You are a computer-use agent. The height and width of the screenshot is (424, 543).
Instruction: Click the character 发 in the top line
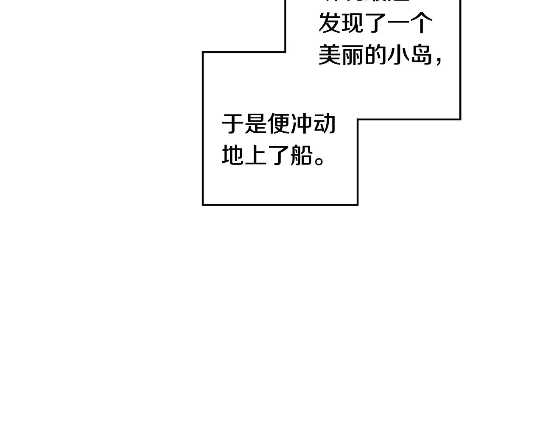pos(330,23)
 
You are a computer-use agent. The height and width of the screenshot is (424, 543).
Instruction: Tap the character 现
pos(352,23)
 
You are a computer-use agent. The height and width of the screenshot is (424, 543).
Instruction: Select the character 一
pos(398,23)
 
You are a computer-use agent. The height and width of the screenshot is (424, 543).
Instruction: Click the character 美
pos(330,55)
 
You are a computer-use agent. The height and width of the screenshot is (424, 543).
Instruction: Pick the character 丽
pos(352,55)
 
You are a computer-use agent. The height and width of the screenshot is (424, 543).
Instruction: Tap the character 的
pos(375,55)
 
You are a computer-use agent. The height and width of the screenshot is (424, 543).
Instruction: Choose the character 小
pos(398,55)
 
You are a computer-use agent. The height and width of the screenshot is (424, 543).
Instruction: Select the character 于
pos(233,124)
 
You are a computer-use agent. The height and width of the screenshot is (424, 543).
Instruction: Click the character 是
pos(256,124)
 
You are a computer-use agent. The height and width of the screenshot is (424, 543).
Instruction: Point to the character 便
pos(279,124)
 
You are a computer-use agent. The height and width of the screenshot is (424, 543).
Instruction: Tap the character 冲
pos(302,124)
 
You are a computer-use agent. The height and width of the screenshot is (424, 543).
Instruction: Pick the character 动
pos(325,124)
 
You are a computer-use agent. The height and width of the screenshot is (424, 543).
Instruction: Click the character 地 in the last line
pos(233,155)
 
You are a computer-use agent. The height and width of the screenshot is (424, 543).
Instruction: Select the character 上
pos(256,155)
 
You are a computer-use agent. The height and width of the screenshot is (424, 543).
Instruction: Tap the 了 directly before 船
pos(279,155)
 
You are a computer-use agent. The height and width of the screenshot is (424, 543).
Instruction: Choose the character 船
pos(302,155)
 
